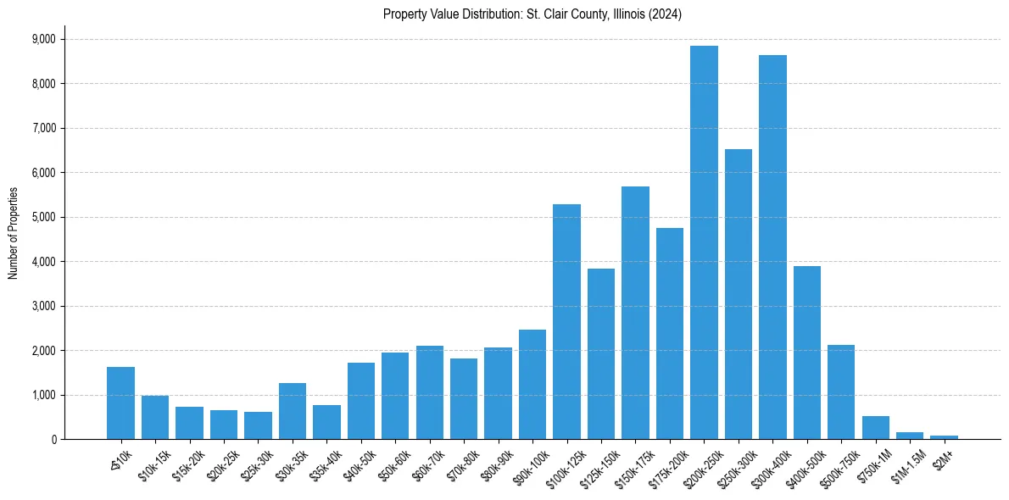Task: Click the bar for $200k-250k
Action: point(704,242)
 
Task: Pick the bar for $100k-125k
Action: point(566,322)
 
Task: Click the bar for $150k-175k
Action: point(635,313)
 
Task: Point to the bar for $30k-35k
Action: point(293,411)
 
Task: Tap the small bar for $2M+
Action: point(944,437)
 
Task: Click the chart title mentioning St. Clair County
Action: point(532,14)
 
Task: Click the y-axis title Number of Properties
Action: point(14,233)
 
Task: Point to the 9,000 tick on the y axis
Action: point(43,39)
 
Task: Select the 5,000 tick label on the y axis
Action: point(43,217)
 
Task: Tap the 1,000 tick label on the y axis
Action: point(43,395)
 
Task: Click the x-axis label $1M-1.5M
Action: point(906,464)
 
